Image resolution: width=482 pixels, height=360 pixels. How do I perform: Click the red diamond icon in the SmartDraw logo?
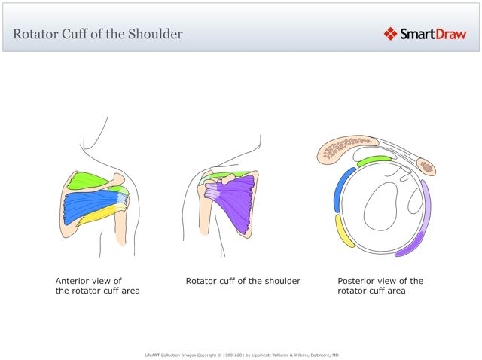click(x=390, y=33)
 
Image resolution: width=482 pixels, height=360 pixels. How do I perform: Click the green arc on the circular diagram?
click(x=374, y=160)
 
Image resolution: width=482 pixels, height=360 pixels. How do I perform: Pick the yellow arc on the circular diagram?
click(x=344, y=230)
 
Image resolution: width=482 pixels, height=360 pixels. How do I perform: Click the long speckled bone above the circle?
click(x=351, y=148)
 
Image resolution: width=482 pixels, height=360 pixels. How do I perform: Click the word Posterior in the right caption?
click(x=357, y=281)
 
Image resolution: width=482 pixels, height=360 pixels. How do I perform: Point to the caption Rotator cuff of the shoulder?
click(x=243, y=281)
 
